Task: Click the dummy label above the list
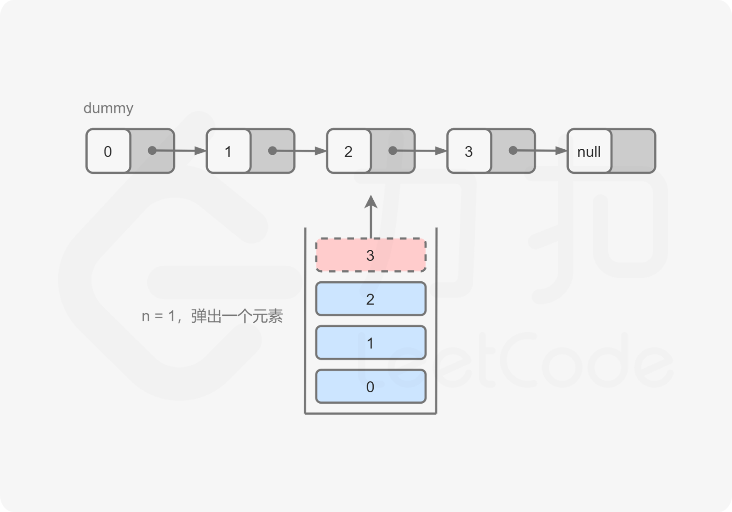pyautogui.click(x=108, y=108)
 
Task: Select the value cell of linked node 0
pyautogui.click(x=108, y=151)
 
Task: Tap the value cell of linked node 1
pyautogui.click(x=228, y=151)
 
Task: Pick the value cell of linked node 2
pyautogui.click(x=348, y=151)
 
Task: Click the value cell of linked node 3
pyautogui.click(x=469, y=151)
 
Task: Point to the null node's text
pyautogui.click(x=589, y=152)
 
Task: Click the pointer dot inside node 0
pyautogui.click(x=152, y=151)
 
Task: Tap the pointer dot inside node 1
pyautogui.click(x=272, y=151)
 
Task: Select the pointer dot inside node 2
pyautogui.click(x=393, y=151)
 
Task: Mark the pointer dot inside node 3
pyautogui.click(x=513, y=151)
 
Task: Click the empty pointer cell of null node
pyautogui.click(x=633, y=151)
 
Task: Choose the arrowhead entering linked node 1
pyautogui.click(x=201, y=151)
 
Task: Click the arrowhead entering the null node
pyautogui.click(x=561, y=151)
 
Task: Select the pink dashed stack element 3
pyautogui.click(x=371, y=255)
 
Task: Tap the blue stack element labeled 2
pyautogui.click(x=371, y=299)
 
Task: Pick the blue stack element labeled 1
pyautogui.click(x=371, y=343)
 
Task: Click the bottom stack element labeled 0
pyautogui.click(x=371, y=387)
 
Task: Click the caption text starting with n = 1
pyautogui.click(x=212, y=316)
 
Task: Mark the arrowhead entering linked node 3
pyautogui.click(x=441, y=151)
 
